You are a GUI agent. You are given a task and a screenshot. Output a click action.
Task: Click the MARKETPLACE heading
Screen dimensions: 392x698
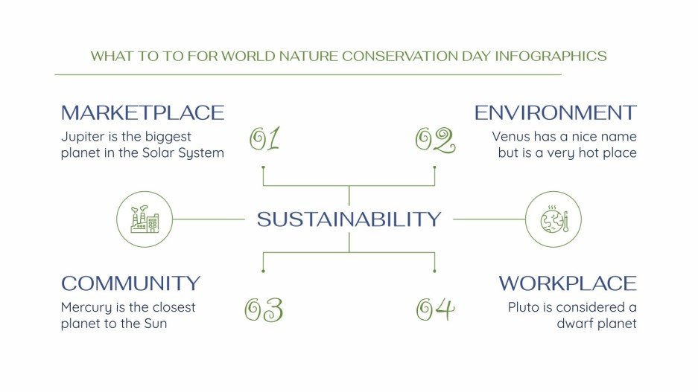[142, 113]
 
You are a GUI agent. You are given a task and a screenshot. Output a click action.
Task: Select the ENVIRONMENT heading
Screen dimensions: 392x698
[555, 113]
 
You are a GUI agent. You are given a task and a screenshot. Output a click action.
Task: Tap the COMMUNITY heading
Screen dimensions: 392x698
[130, 283]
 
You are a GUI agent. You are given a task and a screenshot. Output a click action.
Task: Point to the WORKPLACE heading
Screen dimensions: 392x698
[568, 283]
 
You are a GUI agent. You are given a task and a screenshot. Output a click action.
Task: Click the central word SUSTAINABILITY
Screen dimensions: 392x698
[349, 219]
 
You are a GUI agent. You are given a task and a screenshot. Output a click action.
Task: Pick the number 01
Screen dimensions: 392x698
[264, 140]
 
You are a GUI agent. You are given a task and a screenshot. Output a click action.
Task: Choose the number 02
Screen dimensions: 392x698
[434, 140]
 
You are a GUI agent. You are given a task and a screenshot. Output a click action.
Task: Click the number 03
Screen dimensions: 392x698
[264, 309]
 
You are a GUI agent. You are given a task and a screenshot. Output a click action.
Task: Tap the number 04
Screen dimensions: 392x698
[435, 309]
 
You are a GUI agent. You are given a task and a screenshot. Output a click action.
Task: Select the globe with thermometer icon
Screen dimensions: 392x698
[553, 219]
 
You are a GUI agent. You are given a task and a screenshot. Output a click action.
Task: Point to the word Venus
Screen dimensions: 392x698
[510, 137]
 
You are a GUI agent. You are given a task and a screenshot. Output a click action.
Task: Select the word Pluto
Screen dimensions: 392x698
[524, 307]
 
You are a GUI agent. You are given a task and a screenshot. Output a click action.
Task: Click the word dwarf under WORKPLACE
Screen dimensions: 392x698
[574, 324]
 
